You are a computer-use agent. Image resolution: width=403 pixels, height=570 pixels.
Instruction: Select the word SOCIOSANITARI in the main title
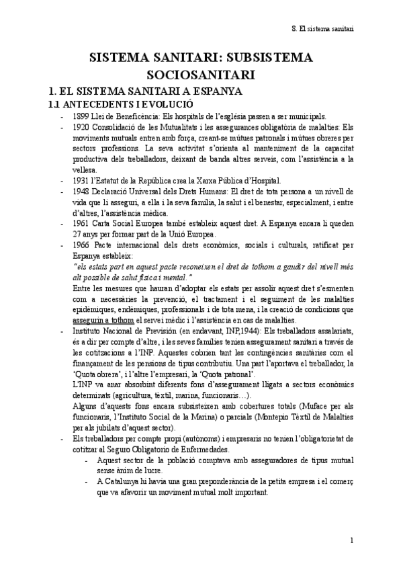[x=201, y=75]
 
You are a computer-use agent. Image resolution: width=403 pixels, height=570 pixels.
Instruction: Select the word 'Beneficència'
[x=130, y=116]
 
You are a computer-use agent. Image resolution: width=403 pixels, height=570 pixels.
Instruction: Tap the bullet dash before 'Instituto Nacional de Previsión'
[x=62, y=331]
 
